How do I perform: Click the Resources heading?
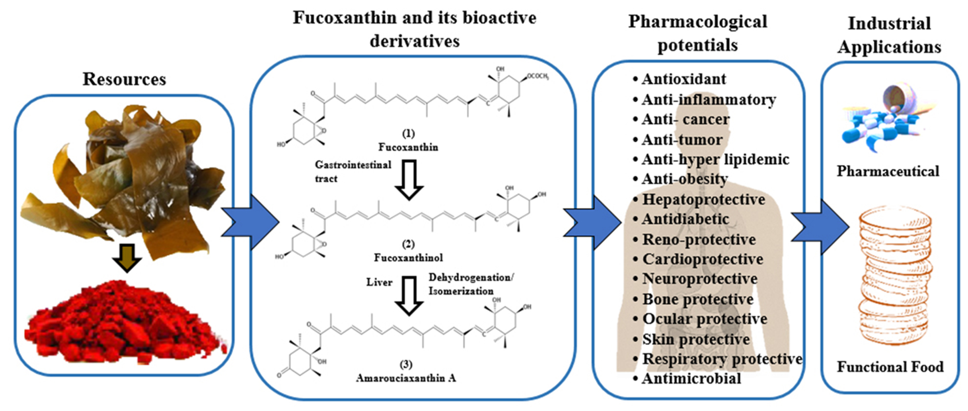tap(124, 79)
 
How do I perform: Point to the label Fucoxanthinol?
tap(408, 258)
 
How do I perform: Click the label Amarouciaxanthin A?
tap(406, 378)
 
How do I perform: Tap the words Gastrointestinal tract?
tap(353, 171)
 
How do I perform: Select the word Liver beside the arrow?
tap(379, 282)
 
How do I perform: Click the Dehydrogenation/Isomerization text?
tap(470, 284)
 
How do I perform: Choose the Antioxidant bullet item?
tap(683, 79)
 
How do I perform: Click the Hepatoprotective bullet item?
tap(703, 199)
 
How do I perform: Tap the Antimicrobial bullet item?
tap(691, 379)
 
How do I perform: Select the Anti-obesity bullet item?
tap(685, 179)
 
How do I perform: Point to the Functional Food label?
tap(890, 367)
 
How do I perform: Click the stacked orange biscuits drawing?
tap(894, 275)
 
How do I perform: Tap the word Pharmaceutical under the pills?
tap(888, 171)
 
